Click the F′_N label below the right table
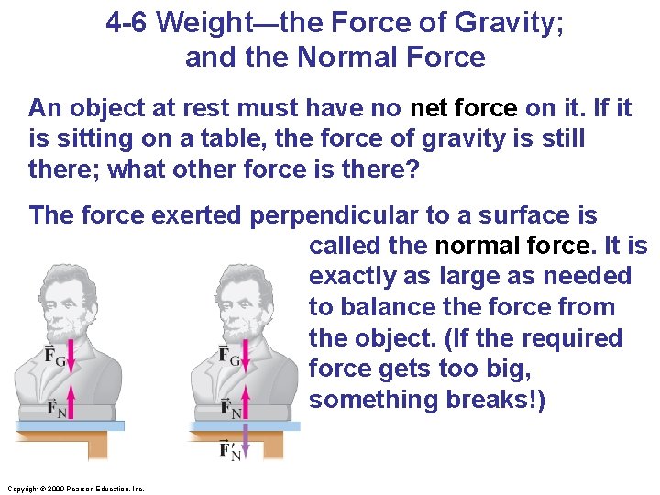click(231, 449)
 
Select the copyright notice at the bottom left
click(73, 489)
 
